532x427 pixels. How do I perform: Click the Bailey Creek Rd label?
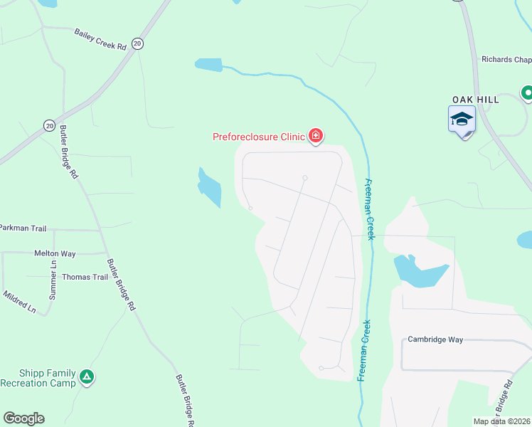(100, 40)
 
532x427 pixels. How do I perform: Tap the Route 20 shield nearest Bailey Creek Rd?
(138, 44)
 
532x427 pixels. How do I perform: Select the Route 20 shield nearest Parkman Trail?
(49, 125)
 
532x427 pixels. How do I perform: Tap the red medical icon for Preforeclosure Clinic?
(315, 136)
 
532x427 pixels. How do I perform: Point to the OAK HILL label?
(476, 100)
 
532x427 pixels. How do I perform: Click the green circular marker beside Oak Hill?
(527, 93)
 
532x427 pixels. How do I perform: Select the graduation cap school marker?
(462, 119)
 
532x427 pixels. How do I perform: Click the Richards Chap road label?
(506, 60)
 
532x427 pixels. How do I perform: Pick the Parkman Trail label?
(23, 228)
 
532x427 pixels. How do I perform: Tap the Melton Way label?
(55, 253)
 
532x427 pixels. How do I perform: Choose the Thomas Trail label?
(85, 277)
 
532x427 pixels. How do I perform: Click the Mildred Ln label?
(19, 302)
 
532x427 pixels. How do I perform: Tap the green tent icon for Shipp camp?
(87, 376)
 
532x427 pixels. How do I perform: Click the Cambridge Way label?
(435, 339)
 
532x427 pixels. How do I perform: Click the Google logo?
(23, 418)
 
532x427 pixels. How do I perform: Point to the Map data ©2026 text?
(501, 421)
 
